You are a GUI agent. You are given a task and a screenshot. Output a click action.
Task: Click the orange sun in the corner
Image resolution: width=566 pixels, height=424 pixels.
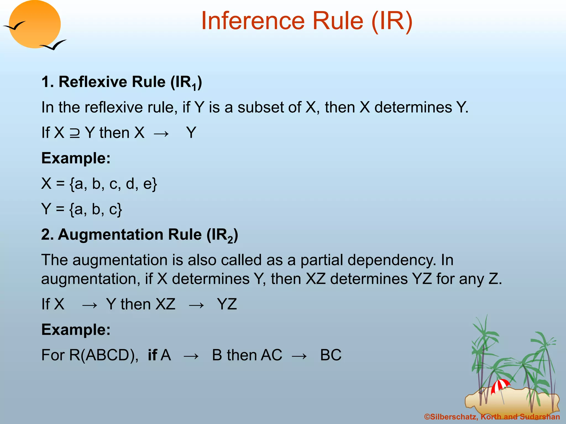point(35,24)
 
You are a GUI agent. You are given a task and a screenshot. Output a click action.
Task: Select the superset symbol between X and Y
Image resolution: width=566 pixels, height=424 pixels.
point(75,133)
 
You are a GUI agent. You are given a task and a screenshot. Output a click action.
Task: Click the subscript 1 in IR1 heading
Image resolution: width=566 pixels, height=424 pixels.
point(194,88)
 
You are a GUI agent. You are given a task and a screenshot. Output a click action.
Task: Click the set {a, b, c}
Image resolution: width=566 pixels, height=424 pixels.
point(96,209)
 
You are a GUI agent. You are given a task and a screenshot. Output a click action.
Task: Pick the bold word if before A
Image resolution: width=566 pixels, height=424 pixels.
point(152,355)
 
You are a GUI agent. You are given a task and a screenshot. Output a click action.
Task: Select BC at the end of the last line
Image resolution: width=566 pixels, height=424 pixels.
point(331,355)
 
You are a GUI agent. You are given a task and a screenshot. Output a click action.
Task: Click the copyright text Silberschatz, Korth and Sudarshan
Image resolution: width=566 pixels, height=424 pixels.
point(492,417)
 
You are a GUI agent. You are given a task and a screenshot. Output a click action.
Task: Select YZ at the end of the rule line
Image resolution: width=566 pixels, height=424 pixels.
point(227,304)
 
